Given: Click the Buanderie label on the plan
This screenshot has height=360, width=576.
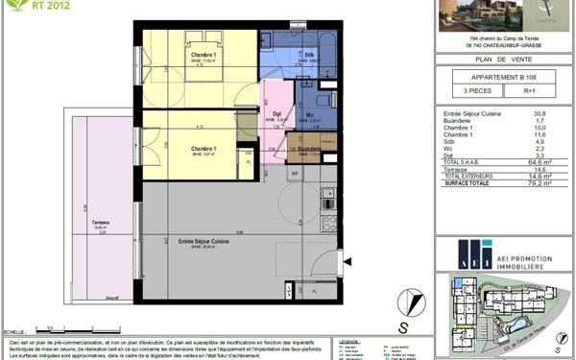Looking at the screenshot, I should [309, 150].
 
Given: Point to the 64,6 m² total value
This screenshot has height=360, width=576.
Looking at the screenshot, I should [540, 162].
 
